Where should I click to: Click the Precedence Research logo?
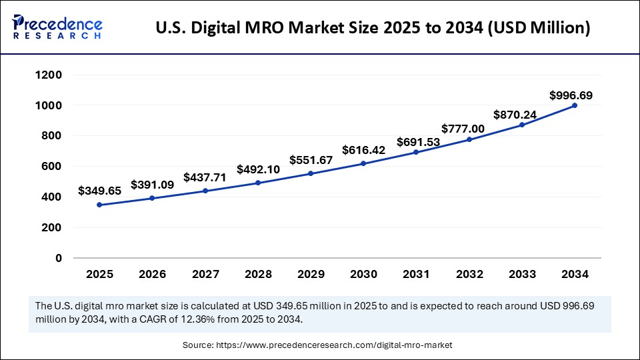[x=57, y=27]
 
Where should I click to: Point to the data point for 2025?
[x=99, y=205]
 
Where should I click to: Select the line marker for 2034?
[x=575, y=105]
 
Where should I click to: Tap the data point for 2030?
[x=363, y=163]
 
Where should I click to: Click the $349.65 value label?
[x=99, y=191]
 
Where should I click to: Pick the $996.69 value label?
[x=571, y=95]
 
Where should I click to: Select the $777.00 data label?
[x=463, y=128]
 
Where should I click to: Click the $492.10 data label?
[x=258, y=169]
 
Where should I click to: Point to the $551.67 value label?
[x=311, y=160]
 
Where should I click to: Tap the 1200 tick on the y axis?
[x=49, y=75]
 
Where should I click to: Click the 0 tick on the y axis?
[x=59, y=258]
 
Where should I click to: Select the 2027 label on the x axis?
[x=205, y=274]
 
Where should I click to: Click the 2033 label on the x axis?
[x=522, y=274]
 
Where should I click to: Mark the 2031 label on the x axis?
[x=416, y=274]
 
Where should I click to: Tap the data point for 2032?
[x=469, y=139]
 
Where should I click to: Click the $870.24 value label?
[x=515, y=115]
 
